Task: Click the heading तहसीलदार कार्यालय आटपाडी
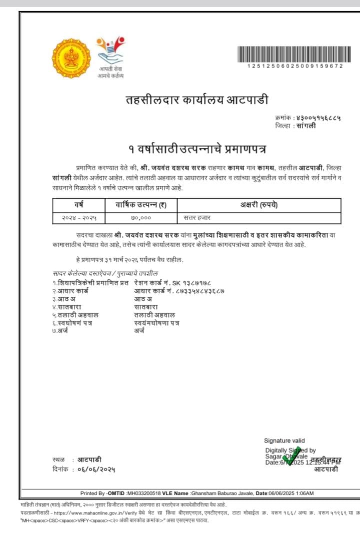196,100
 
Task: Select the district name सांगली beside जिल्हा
305,126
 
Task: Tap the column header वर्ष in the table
79,205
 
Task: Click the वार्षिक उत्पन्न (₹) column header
141,205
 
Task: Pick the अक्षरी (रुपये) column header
259,205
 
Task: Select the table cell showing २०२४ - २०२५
79,218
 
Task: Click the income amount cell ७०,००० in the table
141,218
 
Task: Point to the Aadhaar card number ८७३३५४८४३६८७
196,291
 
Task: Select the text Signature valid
284,441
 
